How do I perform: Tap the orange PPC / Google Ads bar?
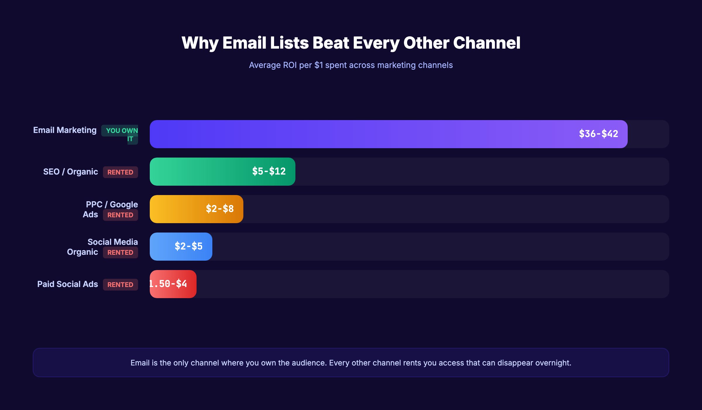[x=175, y=209]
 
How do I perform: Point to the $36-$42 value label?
[x=598, y=134]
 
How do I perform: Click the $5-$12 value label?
[x=269, y=171]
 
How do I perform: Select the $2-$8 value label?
[x=220, y=209]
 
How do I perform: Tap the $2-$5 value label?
[x=188, y=246]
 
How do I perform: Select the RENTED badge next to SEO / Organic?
[x=120, y=172]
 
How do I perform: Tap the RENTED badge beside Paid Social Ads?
[x=120, y=285]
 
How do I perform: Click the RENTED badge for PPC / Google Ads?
[x=120, y=215]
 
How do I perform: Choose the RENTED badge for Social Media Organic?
[x=120, y=252]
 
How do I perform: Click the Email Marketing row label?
[x=65, y=130]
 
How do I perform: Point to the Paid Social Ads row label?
[x=68, y=284]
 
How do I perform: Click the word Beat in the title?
[x=331, y=43]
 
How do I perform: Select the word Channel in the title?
[x=487, y=43]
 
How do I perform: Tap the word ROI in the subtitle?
[x=290, y=65]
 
